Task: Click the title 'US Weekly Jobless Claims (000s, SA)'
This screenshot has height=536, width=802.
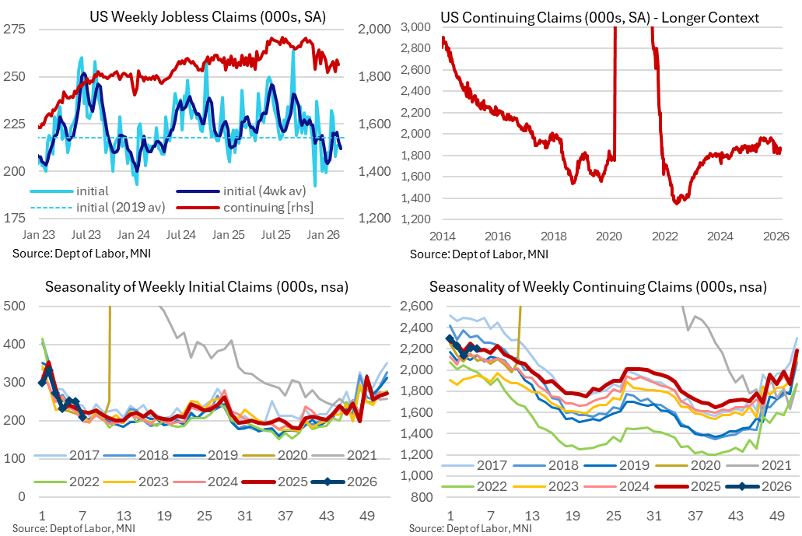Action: coord(208,17)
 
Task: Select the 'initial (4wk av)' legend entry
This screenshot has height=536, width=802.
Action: coord(241,191)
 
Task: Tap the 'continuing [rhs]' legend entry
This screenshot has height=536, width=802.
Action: coord(245,207)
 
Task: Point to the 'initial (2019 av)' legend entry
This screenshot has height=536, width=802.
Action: coord(97,207)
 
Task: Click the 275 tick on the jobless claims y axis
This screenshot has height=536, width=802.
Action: coord(14,29)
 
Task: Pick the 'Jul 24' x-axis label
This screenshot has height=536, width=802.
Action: coord(181,235)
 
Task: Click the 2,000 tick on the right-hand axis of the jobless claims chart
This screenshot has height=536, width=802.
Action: coord(374,29)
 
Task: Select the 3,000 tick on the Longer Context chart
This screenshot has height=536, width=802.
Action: coord(415,26)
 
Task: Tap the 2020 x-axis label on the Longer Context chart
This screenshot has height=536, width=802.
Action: coord(608,236)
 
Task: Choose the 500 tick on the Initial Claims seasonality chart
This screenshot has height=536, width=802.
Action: coord(14,306)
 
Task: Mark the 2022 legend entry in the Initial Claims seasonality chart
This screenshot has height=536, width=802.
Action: coord(68,482)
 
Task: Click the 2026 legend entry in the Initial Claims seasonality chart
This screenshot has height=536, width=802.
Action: coord(344,482)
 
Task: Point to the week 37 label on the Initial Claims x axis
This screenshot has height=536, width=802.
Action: coord(285,516)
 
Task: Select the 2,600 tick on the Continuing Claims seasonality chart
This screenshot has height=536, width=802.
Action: coord(416,306)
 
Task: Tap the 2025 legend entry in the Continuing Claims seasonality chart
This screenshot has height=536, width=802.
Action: coord(688,486)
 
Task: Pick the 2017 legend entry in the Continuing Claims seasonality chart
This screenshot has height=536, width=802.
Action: coord(474,465)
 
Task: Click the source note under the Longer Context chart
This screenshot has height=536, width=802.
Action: coord(478,254)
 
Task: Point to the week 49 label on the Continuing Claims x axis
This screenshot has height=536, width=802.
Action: coord(777,516)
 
